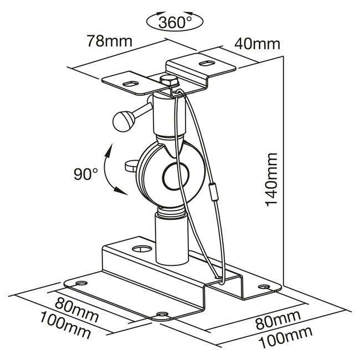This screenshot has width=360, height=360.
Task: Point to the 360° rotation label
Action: pyautogui.click(x=174, y=23)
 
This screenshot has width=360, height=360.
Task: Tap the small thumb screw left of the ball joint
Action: pyautogui.click(x=131, y=164)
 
